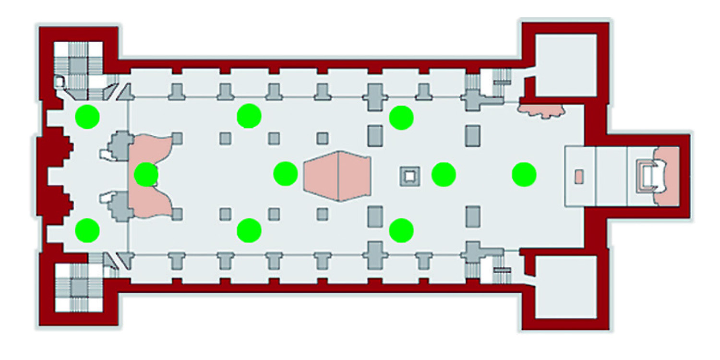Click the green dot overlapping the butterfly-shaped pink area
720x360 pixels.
[146, 175]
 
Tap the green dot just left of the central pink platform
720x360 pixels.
[286, 174]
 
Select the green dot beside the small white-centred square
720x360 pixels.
[444, 174]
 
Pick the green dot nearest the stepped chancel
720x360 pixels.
[524, 174]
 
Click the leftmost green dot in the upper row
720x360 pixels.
[88, 116]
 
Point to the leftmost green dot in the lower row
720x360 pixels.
[88, 230]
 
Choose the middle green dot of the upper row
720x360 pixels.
[249, 116]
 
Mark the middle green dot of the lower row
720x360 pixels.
[249, 230]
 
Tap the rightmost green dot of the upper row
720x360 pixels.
[401, 118]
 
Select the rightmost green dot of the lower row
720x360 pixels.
[401, 230]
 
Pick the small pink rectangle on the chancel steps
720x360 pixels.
[579, 176]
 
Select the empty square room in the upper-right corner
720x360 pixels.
[565, 65]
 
